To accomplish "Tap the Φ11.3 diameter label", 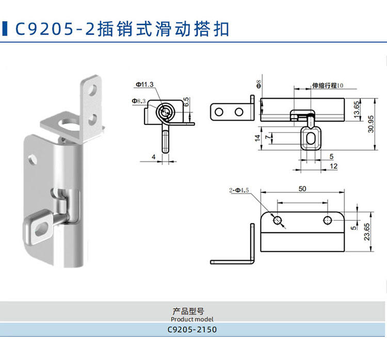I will pyautogui.click(x=146, y=84).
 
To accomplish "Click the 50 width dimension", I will pyautogui.click(x=302, y=189).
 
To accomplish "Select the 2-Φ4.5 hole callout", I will pyautogui.click(x=239, y=190).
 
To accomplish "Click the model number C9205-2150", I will pyautogui.click(x=192, y=330).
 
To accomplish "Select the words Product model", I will pyautogui.click(x=192, y=319).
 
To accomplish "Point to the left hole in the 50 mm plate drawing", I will pyautogui.click(x=278, y=221).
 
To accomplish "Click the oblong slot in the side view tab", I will pyautogui.click(x=310, y=138).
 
